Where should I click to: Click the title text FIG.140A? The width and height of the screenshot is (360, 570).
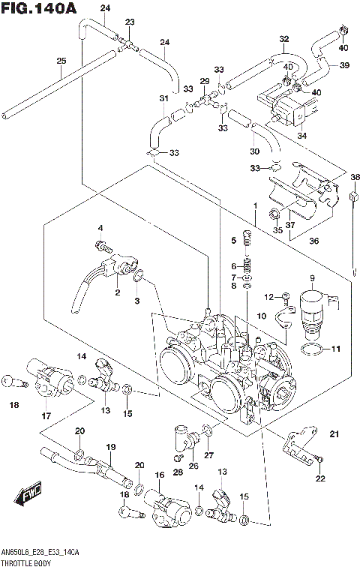[x=39, y=9]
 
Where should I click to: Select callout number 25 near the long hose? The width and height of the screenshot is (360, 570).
[x=61, y=61]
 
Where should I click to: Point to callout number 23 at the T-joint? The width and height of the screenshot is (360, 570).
[x=129, y=22]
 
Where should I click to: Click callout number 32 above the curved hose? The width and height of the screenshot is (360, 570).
[x=283, y=39]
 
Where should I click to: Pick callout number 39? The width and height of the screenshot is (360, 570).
[x=344, y=65]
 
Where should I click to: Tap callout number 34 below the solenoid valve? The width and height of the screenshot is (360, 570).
[x=301, y=136]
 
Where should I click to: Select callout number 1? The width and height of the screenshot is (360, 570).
[x=255, y=205]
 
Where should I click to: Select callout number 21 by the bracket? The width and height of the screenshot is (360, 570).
[x=334, y=433]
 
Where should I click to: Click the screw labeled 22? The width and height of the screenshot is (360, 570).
[x=319, y=458]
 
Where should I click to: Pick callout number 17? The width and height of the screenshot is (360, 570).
[x=46, y=416]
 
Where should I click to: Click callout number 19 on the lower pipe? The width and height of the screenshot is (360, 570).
[x=110, y=447]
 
